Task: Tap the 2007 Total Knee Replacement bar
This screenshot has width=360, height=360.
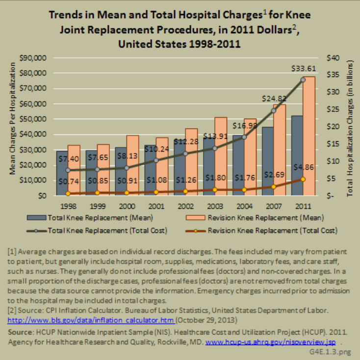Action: [x=268, y=162]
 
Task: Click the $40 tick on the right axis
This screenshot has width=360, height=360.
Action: [x=334, y=58]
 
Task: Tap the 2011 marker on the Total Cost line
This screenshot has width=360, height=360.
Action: [x=303, y=79]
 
